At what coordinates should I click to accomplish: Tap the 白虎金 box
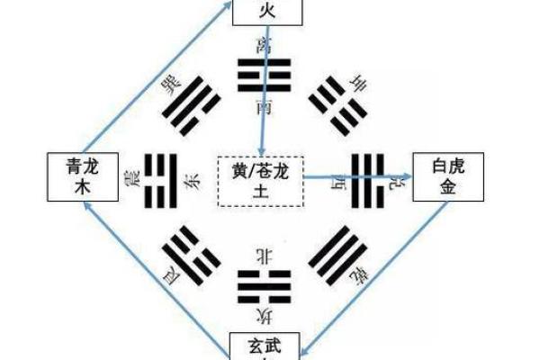pyautogui.click(x=449, y=177)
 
